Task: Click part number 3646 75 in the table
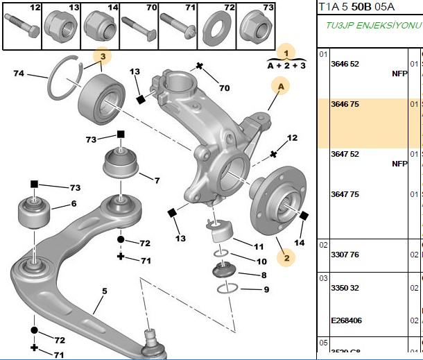[345, 104]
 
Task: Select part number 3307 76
[345, 255]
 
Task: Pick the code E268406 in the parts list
[347, 320]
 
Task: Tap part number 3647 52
[345, 154]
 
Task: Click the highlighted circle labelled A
[281, 86]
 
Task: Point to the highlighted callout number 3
[103, 56]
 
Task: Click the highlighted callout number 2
[286, 258]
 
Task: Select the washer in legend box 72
[216, 29]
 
